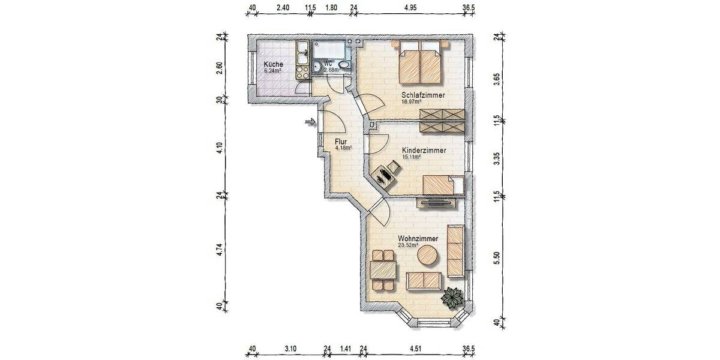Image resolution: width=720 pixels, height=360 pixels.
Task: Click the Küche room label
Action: coord(273,64)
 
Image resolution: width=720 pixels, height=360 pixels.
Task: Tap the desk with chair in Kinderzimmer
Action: coord(385,176)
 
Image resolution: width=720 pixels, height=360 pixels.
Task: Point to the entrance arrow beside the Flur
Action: coord(310,122)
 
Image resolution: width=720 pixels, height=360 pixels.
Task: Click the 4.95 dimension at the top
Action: coord(410,8)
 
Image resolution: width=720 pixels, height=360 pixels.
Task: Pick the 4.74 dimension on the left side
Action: coord(220,249)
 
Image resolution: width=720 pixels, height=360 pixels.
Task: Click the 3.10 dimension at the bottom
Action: coord(290,349)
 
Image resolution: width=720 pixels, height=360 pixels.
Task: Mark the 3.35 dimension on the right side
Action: coord(496,158)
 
